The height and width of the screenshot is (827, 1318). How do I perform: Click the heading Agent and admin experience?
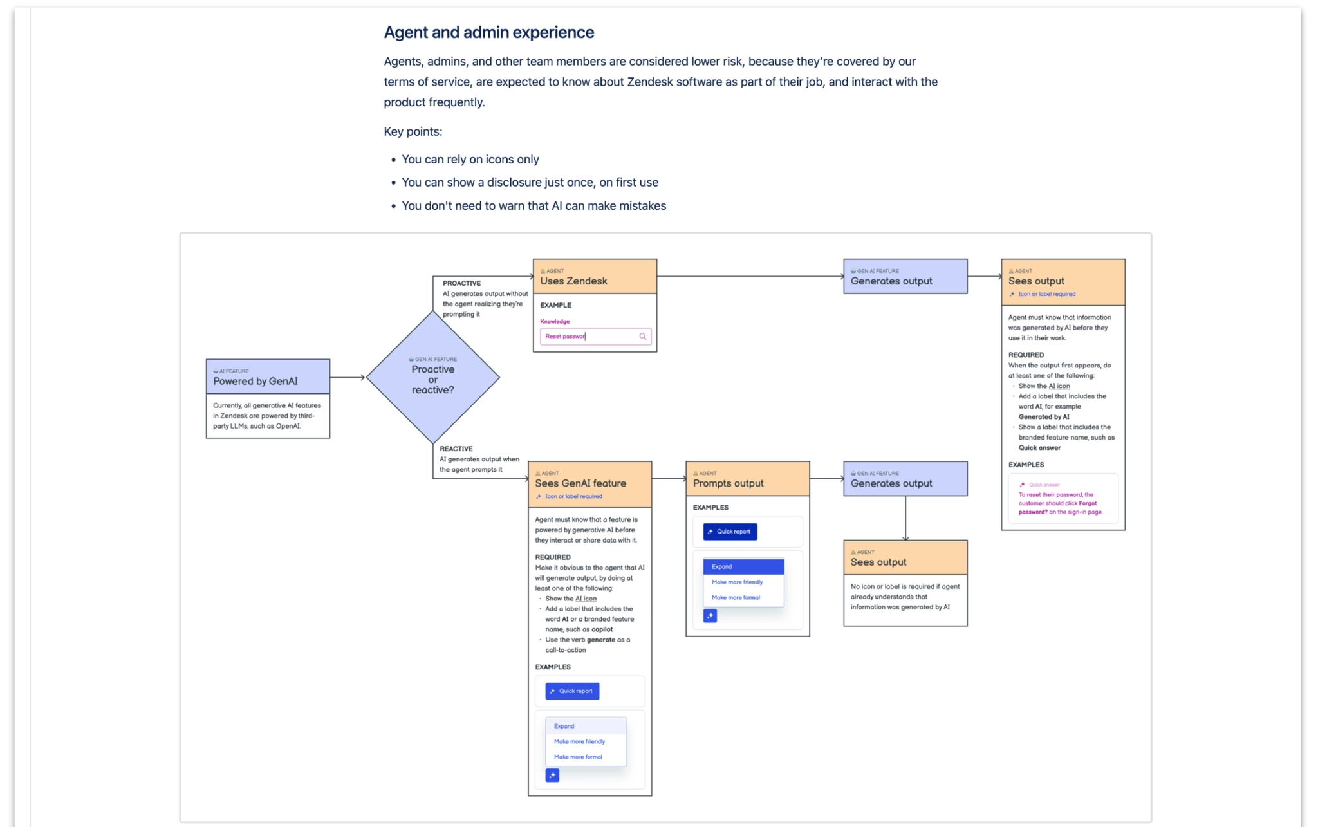(488, 32)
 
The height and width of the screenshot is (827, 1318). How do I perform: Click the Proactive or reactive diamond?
(432, 378)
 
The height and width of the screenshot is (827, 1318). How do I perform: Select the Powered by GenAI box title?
(255, 381)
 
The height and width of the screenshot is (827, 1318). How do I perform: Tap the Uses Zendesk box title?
(573, 281)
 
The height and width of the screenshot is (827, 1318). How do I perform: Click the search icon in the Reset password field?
(642, 336)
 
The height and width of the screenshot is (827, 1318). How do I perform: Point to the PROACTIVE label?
(461, 283)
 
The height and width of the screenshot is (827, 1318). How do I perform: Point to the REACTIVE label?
(456, 449)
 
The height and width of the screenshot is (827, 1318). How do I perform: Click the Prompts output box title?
(728, 483)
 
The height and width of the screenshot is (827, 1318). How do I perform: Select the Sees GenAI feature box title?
(580, 483)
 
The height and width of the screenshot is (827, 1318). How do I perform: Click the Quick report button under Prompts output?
(730, 532)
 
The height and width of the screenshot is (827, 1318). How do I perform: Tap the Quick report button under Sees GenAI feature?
(572, 691)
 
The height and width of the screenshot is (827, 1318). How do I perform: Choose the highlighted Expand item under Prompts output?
(743, 566)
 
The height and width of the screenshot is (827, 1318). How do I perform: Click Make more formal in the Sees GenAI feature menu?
(578, 757)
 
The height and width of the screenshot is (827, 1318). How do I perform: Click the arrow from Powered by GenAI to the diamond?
(348, 377)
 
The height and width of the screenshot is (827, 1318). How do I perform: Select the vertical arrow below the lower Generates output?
(905, 518)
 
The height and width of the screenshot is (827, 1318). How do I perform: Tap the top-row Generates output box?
(905, 277)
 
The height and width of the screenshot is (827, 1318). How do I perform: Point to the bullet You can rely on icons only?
(470, 159)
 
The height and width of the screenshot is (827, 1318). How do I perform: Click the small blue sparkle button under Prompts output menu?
(710, 616)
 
